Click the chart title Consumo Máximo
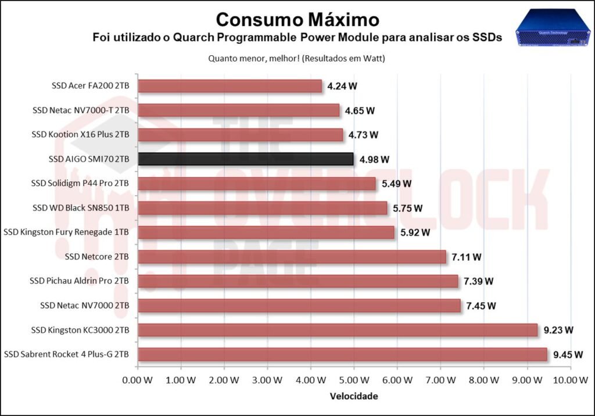[297, 19]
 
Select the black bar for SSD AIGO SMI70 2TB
[246, 159]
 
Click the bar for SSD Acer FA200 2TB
[230, 86]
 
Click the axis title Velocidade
[354, 396]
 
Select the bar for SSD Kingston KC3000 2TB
[338, 330]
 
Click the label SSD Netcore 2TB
[97, 257]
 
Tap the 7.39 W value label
[478, 281]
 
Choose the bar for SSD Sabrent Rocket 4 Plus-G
[342, 354]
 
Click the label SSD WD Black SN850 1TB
[81, 208]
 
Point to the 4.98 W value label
[374, 159]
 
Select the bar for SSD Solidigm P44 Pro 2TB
[257, 184]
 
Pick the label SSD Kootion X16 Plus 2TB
[81, 135]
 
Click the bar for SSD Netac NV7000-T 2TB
[239, 110]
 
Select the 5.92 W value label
[415, 232]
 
